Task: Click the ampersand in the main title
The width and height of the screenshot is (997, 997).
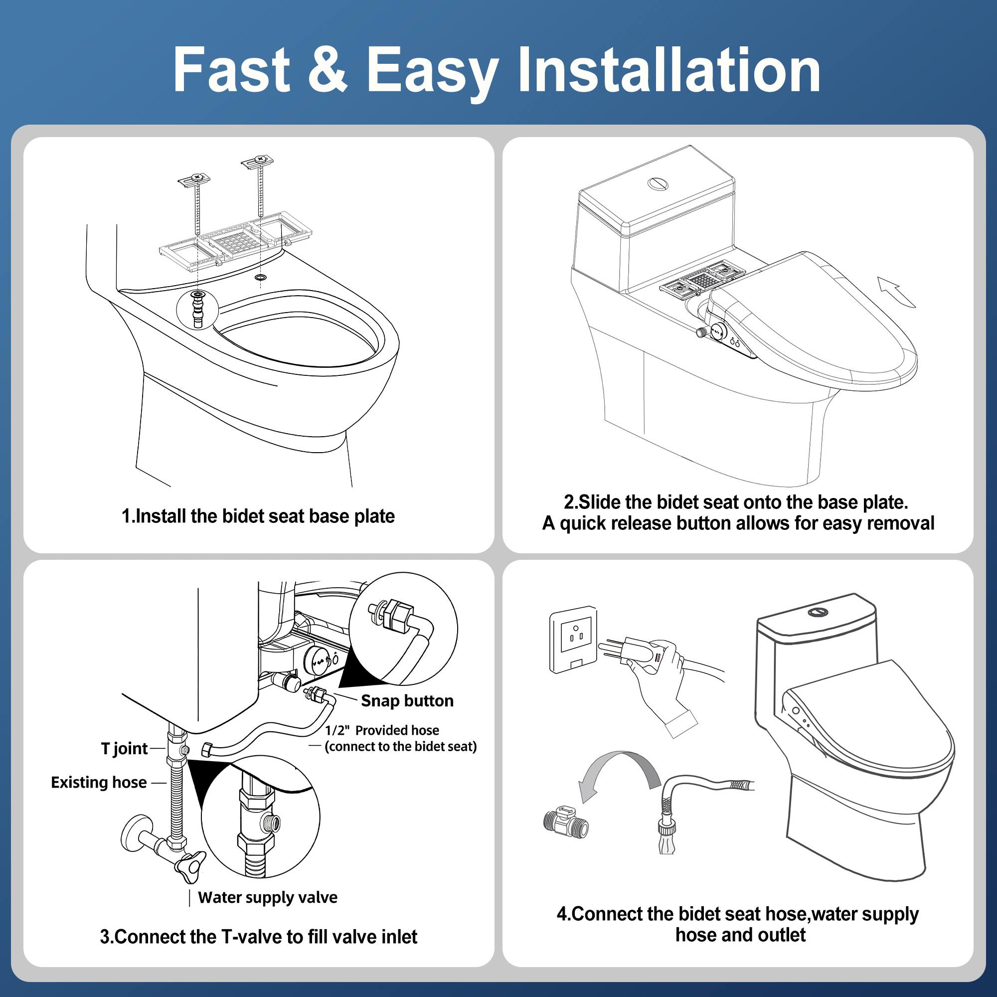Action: pos(327,70)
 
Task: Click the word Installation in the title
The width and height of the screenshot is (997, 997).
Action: pos(669,70)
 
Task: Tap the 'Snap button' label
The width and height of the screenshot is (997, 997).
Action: pos(407,701)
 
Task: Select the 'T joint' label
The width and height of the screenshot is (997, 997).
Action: pos(124,748)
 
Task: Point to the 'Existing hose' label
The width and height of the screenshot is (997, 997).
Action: pos(99,782)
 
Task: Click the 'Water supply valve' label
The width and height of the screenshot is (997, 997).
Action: pos(267,897)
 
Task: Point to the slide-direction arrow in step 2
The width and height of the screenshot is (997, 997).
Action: pos(896,292)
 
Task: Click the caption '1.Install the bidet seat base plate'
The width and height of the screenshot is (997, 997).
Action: pos(258,516)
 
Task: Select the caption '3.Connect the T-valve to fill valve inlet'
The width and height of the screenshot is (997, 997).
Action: pos(258,937)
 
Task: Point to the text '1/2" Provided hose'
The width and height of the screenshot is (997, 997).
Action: pos(382,730)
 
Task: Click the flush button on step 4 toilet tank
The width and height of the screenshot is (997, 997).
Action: pos(819,612)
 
